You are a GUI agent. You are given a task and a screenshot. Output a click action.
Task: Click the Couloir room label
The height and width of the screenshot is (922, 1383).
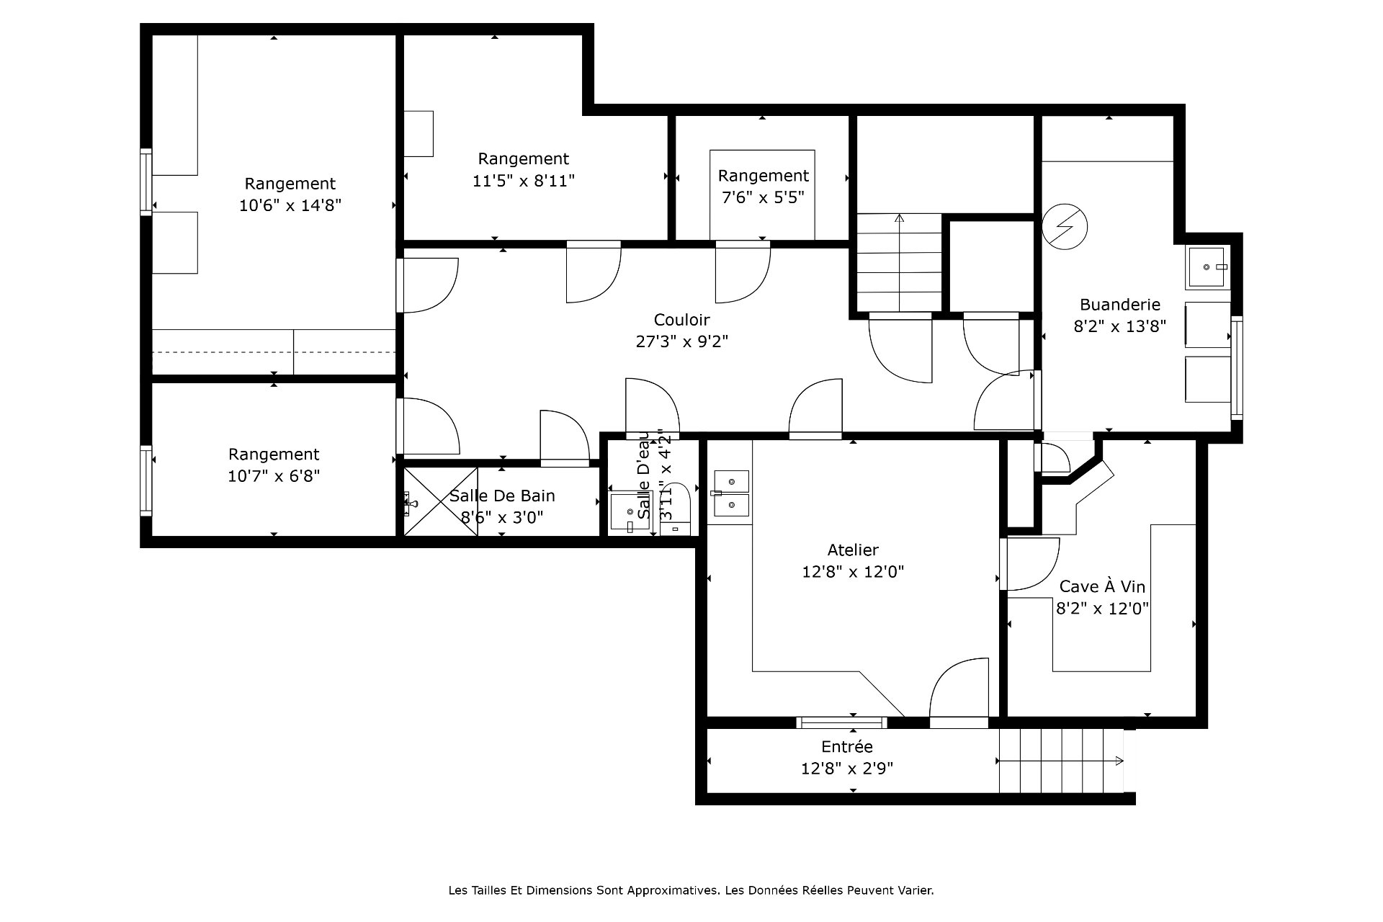681,319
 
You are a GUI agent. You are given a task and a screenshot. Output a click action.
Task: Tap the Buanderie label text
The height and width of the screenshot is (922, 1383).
1119,305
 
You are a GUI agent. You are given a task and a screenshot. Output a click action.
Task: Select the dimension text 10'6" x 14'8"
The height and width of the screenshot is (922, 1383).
290,205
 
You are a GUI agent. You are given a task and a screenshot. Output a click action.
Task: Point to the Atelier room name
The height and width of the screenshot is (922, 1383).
853,550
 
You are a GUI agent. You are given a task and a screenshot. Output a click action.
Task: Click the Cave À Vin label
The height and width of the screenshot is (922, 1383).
1102,586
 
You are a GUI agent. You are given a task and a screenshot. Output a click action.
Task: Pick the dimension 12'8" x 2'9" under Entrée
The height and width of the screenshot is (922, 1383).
847,769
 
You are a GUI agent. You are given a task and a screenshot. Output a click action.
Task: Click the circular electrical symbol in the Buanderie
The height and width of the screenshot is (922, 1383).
1065,227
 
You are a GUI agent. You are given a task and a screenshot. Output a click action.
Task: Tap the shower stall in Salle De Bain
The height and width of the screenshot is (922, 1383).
441,501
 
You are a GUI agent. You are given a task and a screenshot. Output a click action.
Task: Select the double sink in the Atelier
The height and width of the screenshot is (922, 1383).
731,494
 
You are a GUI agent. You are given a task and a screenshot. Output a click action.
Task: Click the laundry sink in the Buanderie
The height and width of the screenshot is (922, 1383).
1207,267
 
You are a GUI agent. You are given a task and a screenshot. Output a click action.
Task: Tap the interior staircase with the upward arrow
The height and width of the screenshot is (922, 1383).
899,262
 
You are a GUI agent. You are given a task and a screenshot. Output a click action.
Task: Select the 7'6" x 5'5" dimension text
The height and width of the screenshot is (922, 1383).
763,197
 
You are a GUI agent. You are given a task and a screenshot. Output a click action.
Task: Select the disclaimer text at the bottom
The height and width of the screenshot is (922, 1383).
691,890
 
